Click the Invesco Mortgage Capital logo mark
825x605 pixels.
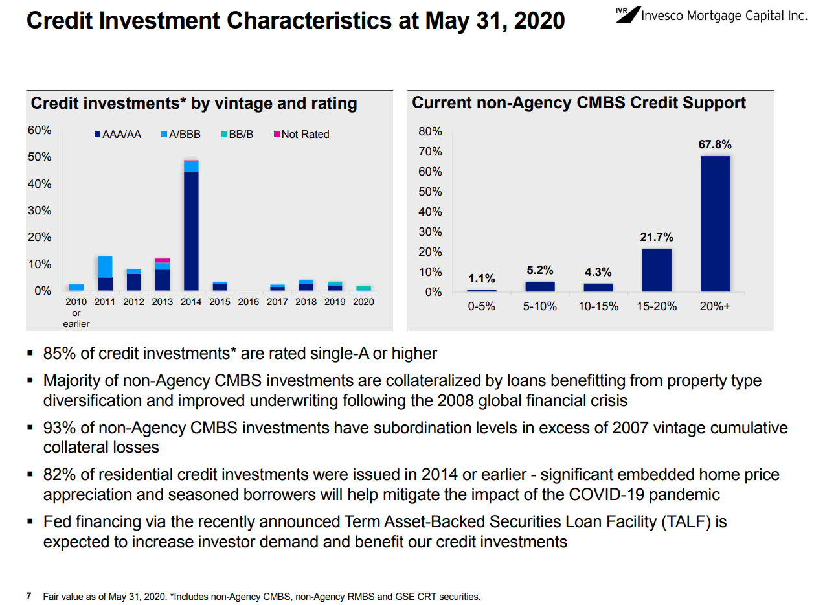tap(629, 14)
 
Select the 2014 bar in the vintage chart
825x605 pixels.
tap(191, 225)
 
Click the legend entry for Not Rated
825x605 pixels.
tap(302, 135)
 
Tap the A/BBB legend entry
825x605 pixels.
tap(181, 135)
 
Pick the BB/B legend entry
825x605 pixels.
tap(237, 135)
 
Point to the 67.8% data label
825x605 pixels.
tap(715, 144)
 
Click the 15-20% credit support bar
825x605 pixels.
tap(657, 270)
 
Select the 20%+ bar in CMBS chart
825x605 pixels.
tap(715, 224)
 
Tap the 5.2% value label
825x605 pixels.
tap(540, 270)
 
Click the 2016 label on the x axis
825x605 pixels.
tap(249, 302)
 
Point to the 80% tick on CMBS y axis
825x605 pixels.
tap(430, 131)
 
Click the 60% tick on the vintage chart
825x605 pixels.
tap(40, 130)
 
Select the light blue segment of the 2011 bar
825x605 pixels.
tap(105, 267)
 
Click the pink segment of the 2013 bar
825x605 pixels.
tap(163, 260)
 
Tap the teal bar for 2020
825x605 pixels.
tap(363, 288)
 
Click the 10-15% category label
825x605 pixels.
tap(598, 306)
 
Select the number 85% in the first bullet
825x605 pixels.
tap(60, 353)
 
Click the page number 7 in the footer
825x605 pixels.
tap(28, 596)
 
